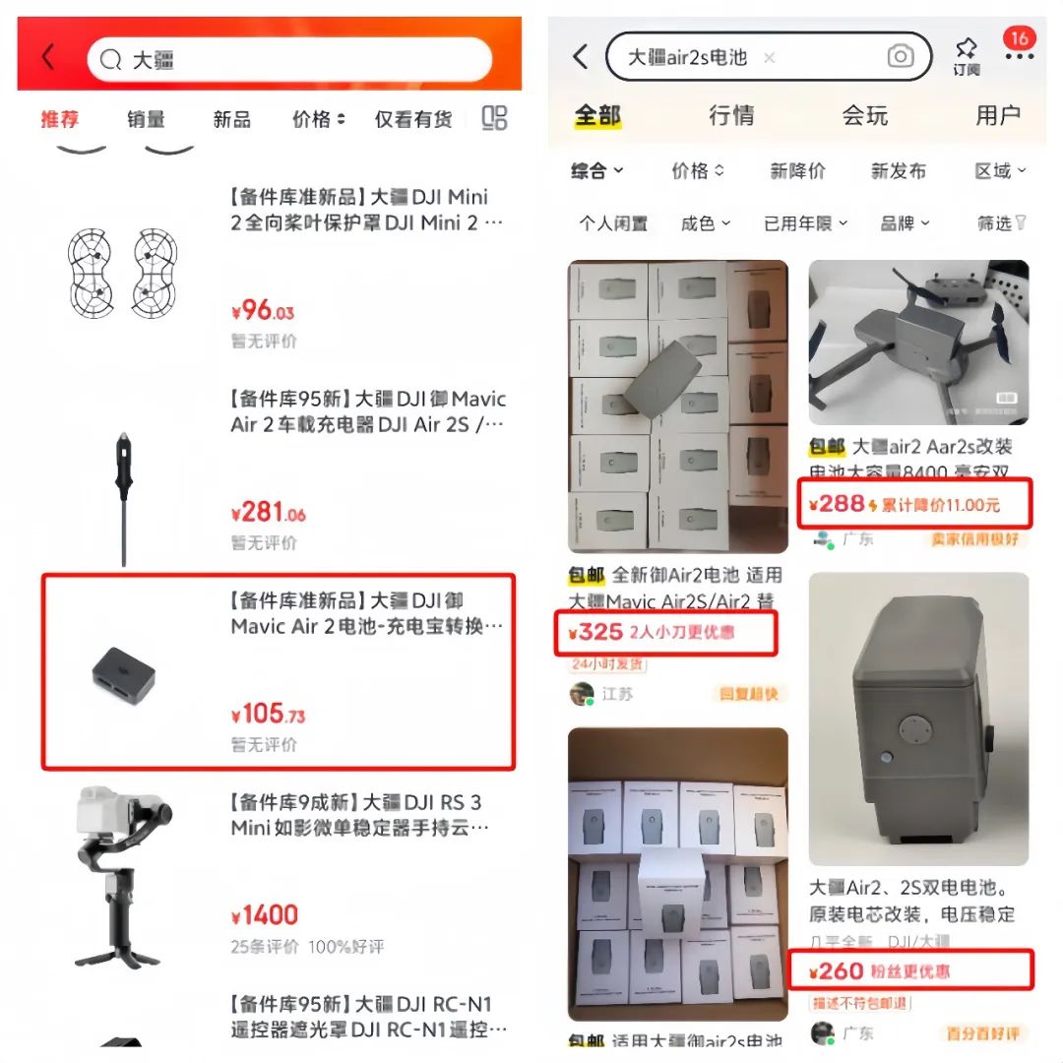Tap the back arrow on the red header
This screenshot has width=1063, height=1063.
click(x=47, y=59)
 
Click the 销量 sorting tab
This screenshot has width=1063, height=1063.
click(x=146, y=119)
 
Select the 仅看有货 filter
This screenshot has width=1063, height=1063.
click(x=412, y=119)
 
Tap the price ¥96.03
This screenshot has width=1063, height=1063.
click(x=263, y=312)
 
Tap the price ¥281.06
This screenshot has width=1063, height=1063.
click(x=268, y=513)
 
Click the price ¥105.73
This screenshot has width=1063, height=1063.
click(x=268, y=715)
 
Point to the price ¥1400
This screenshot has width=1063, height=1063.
click(x=264, y=916)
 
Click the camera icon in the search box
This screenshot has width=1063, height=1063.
click(x=900, y=57)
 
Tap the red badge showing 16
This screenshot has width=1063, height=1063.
click(x=1019, y=38)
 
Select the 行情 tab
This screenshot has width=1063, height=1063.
click(x=731, y=115)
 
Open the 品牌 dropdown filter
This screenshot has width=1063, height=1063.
click(x=904, y=223)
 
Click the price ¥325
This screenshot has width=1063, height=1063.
click(x=596, y=632)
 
